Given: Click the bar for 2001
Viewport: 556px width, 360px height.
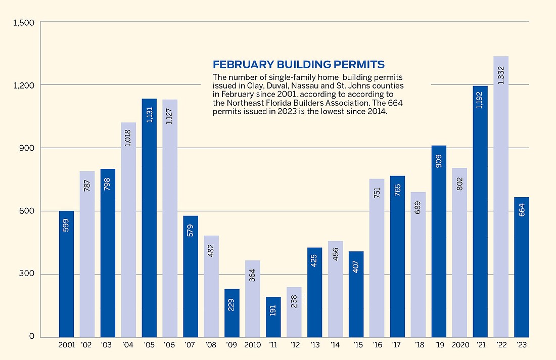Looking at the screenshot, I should tap(66, 274).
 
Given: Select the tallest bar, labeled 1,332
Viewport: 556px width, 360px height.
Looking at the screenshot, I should tap(501, 197).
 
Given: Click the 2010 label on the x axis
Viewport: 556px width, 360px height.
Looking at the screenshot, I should tap(253, 345).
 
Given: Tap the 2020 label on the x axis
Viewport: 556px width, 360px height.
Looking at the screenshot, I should tap(459, 345).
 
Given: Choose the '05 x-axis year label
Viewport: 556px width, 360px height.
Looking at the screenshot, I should tap(149, 345).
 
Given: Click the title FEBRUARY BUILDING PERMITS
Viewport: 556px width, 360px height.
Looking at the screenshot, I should tap(299, 65).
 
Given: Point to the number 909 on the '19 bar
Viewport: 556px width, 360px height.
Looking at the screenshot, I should tap(439, 164).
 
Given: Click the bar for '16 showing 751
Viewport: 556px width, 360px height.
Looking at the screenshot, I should tap(377, 258).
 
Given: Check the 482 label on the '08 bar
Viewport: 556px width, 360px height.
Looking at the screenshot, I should tap(211, 252).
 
